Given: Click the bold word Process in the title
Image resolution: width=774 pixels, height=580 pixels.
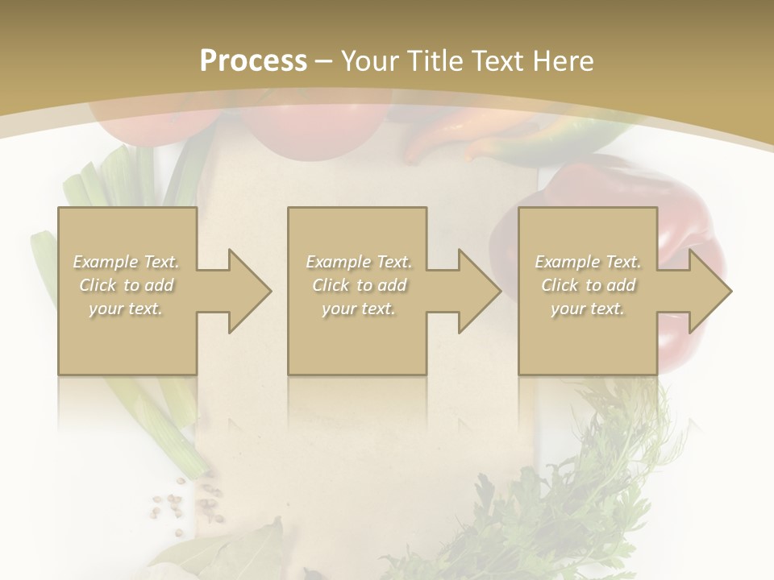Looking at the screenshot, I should coord(253,60).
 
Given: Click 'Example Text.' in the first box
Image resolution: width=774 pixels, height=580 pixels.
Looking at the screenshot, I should coord(127,262).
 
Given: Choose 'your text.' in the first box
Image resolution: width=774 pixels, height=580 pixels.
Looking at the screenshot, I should coord(127,309).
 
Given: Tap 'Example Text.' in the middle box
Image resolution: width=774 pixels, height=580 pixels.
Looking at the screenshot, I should coord(359,262).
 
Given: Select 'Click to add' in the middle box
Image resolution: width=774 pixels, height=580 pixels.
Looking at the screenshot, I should coord(359,285).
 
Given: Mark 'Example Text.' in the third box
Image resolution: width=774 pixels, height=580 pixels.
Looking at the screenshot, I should coord(588,262).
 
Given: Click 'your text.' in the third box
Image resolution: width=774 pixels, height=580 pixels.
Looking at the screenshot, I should coord(588,309).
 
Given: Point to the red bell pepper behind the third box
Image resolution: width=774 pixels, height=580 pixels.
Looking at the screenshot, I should coord(685,217).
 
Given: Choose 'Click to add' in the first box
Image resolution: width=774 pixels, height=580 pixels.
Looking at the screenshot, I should coord(127,285).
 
